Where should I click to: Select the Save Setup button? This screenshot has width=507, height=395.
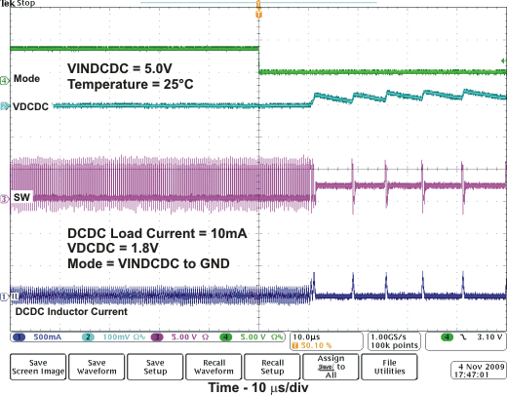157,366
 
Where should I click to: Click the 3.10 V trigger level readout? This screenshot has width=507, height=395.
487,336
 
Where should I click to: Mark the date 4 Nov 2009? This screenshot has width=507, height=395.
478,362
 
